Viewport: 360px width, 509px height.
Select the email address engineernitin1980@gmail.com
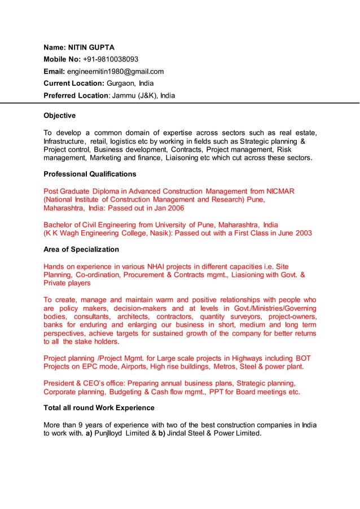click(115, 71)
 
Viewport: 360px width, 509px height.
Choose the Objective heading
click(59, 116)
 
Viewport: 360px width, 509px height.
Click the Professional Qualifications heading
click(90, 174)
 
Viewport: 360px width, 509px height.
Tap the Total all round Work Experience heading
click(99, 407)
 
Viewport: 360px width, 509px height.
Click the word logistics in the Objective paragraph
click(127, 141)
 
